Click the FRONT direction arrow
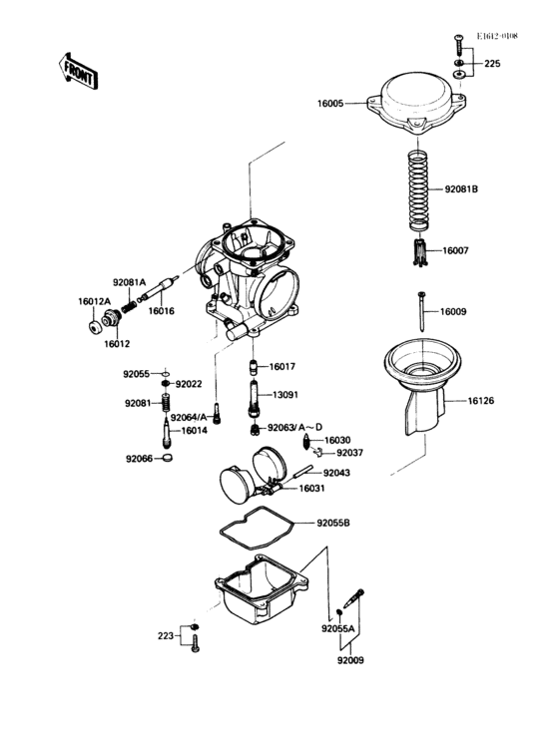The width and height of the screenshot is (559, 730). pos(78,71)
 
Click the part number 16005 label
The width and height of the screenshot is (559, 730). pos(330,104)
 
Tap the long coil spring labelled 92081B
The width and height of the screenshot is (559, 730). pos(419,190)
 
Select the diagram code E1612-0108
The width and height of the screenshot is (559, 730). pos(496,36)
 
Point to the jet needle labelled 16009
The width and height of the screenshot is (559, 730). pos(421,311)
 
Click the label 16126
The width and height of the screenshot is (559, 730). pos(481,400)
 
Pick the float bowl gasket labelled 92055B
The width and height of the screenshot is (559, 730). pos(257,527)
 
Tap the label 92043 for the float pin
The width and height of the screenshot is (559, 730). pos(336,473)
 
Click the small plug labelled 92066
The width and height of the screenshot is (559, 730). pos(168,458)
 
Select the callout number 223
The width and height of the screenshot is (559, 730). pos(166,635)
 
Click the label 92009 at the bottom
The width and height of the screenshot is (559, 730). pos(350,660)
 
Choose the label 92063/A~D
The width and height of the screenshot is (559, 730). pos(294,428)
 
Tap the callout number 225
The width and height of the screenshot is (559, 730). pos(492,63)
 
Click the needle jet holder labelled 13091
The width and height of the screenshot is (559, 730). pos(254,399)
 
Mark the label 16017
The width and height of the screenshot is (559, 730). pos(282,367)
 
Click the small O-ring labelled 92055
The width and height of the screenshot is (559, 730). pos(166,373)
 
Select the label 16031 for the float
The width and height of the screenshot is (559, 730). pos(311,489)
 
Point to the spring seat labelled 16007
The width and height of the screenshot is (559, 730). pos(420,252)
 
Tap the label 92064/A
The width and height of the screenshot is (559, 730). pos(189,417)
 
